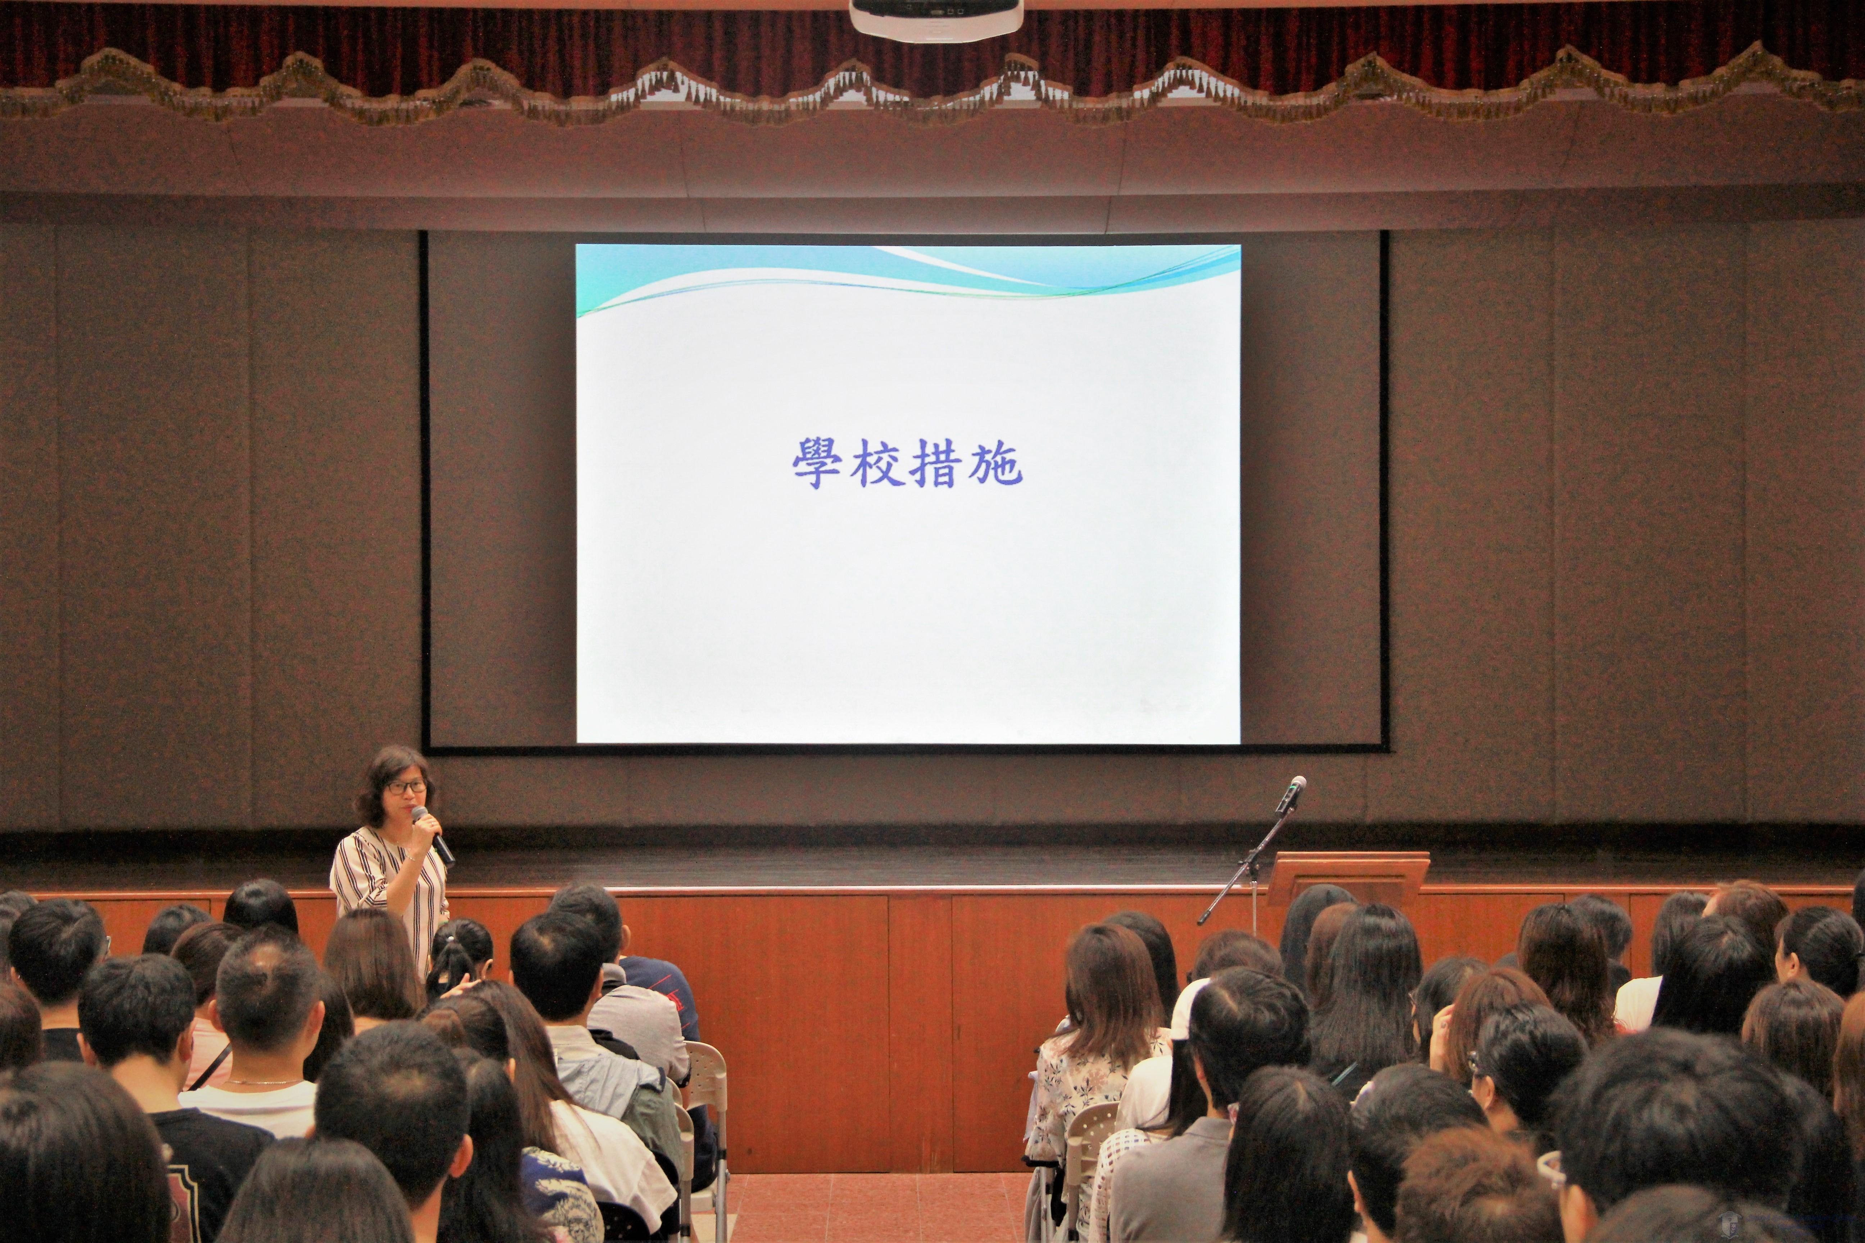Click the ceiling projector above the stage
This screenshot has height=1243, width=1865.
936,17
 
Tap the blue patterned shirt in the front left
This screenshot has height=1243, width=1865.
555,1197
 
